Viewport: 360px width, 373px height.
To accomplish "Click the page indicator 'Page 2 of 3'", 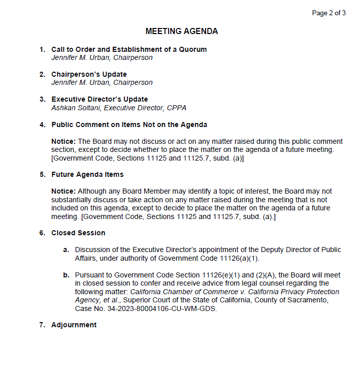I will pos(329,13).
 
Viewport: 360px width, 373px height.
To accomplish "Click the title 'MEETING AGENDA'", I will pos(182,32).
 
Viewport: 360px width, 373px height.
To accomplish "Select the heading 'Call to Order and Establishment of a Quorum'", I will pos(129,49).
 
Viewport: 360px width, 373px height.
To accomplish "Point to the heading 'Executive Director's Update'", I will pos(100,99).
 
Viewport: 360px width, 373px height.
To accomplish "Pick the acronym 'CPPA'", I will pos(176,108).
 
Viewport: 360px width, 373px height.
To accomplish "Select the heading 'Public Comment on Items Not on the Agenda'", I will pos(129,125).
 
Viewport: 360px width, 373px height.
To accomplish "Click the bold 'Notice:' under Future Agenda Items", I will pos(63,191).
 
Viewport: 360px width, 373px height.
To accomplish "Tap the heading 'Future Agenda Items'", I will pos(87,174).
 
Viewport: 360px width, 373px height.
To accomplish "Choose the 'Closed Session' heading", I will pos(78,233).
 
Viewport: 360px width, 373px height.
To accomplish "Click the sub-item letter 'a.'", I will pos(66,250).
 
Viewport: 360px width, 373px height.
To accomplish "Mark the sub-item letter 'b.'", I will pos(66,275).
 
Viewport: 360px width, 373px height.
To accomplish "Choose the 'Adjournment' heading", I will pos(74,325).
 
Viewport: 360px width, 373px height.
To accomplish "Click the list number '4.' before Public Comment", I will pos(43,125).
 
